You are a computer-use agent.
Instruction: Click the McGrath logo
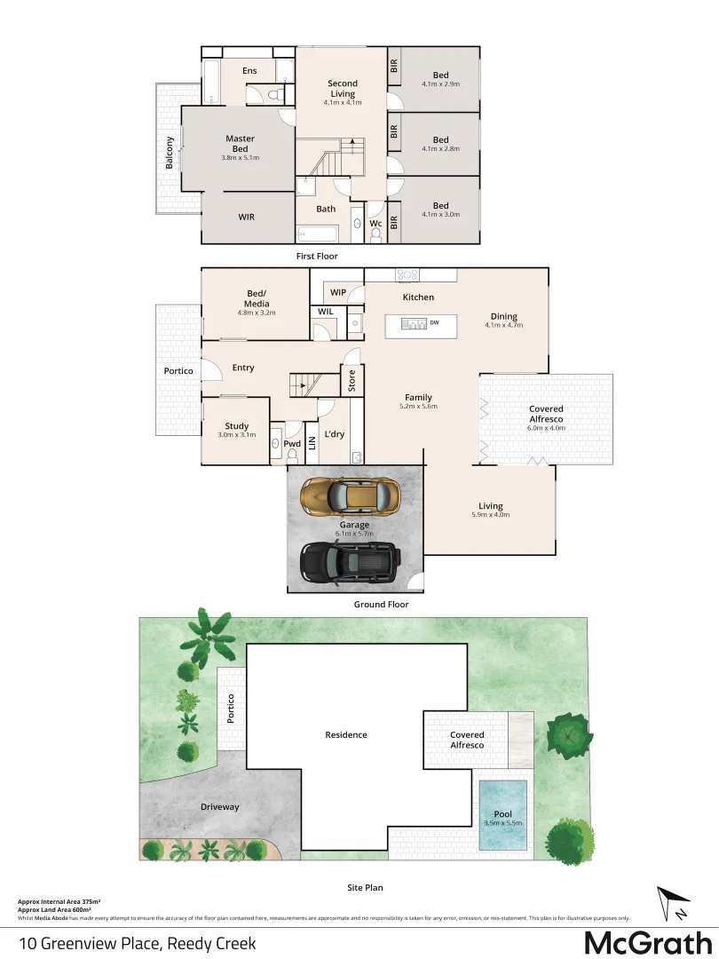pyautogui.click(x=648, y=942)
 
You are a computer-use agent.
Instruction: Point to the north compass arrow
pyautogui.click(x=672, y=903)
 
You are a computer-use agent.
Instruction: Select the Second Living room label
pyautogui.click(x=342, y=89)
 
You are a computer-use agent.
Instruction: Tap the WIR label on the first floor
pyautogui.click(x=247, y=217)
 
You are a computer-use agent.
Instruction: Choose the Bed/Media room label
pyautogui.click(x=257, y=299)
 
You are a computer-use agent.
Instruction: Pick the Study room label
pyautogui.click(x=236, y=426)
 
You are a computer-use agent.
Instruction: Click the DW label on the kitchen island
pyautogui.click(x=435, y=323)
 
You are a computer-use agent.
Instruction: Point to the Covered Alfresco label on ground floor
pyautogui.click(x=546, y=414)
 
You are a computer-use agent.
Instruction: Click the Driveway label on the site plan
pyautogui.click(x=219, y=807)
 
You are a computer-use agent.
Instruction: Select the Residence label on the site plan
pyautogui.click(x=345, y=734)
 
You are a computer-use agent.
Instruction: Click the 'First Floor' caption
pyautogui.click(x=317, y=257)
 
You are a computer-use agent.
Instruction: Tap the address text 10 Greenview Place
pyautogui.click(x=137, y=943)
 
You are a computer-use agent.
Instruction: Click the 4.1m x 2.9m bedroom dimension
pyautogui.click(x=440, y=84)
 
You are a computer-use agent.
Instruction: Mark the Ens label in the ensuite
pyautogui.click(x=249, y=71)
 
